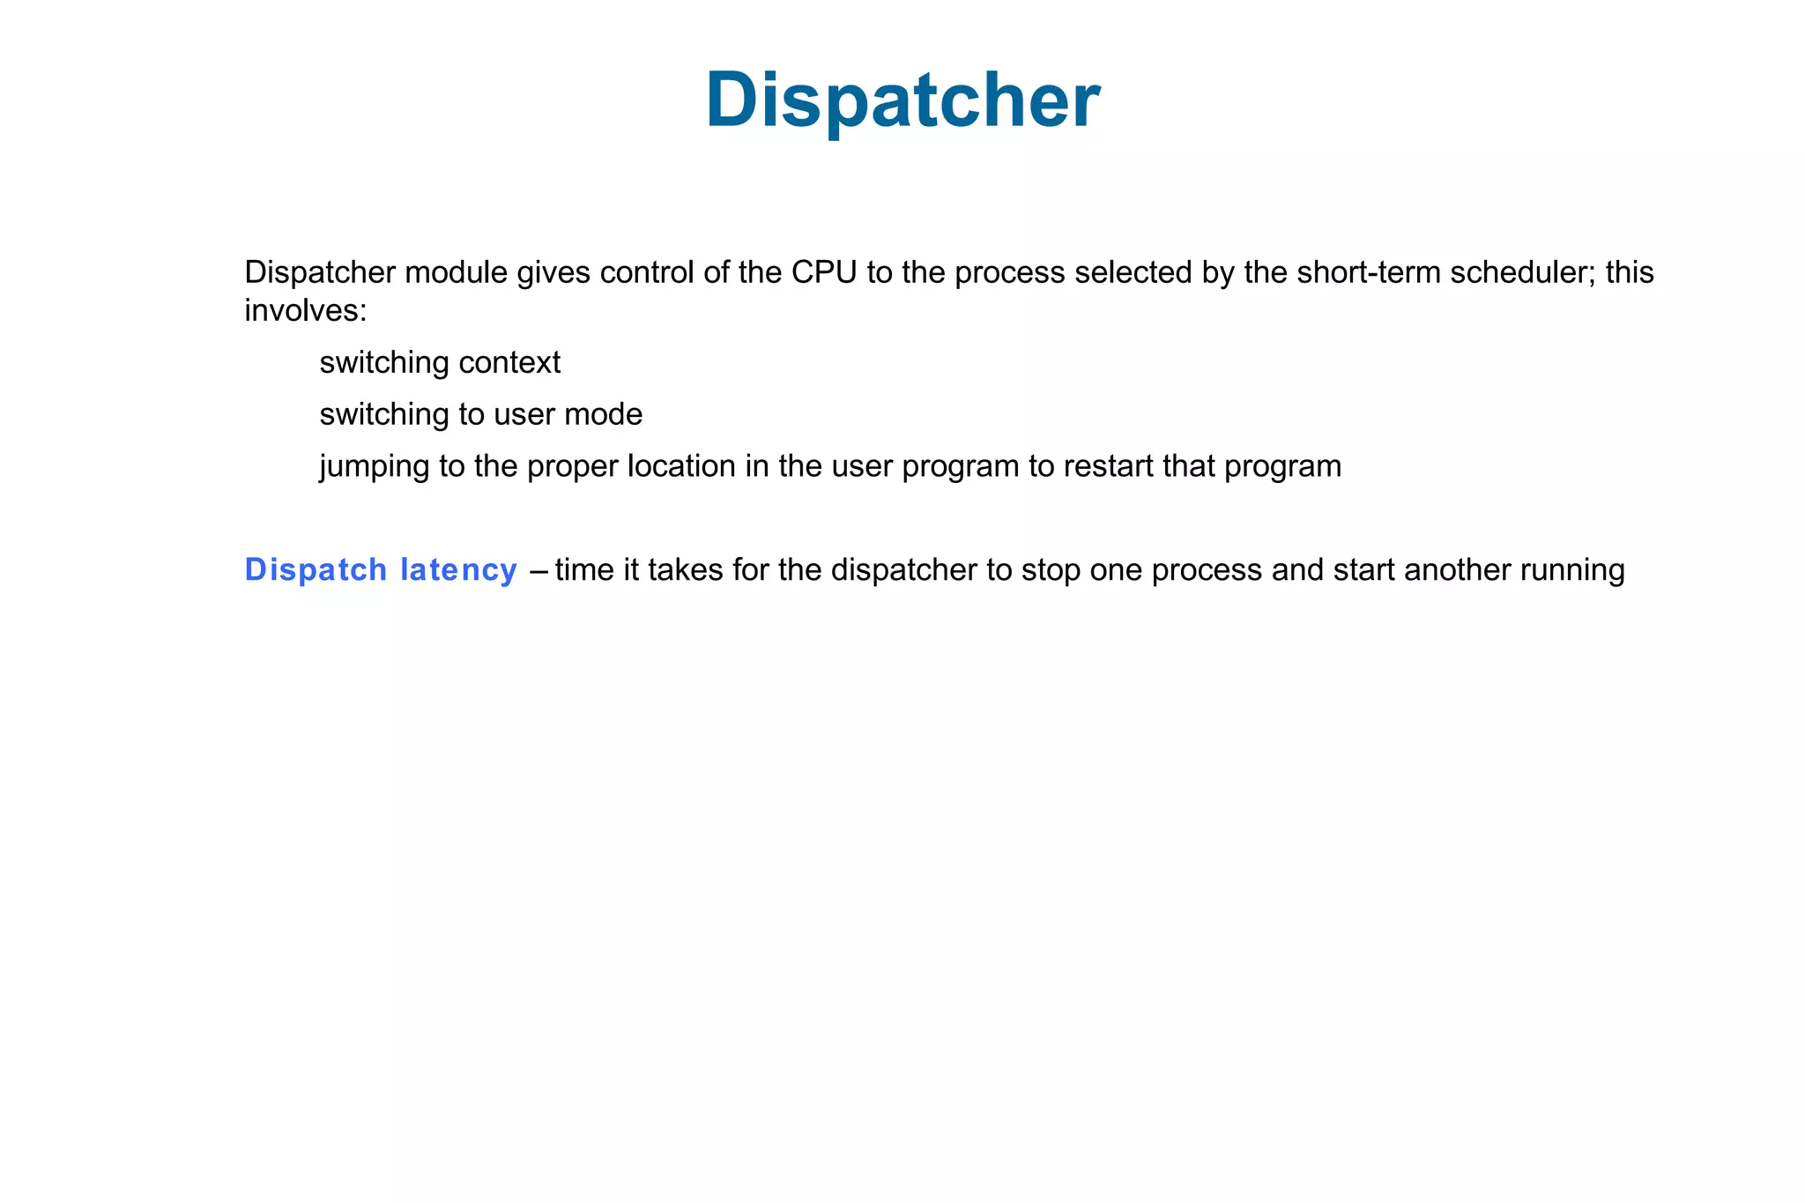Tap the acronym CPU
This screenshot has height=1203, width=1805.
point(823,273)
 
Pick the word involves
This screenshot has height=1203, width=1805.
point(304,311)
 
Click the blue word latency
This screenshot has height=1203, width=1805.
point(458,570)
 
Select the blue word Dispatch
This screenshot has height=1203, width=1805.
point(316,570)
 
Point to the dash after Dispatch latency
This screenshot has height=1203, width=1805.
point(539,571)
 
